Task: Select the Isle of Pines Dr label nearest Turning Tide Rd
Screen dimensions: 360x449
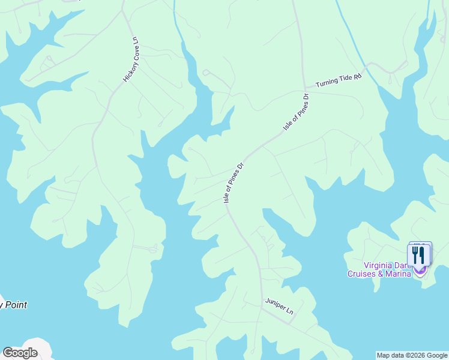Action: coord(295,112)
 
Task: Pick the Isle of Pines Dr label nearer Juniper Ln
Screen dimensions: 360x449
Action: coord(234,182)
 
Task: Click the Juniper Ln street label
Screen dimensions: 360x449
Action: coord(280,307)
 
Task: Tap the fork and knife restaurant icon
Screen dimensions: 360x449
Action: coord(419,254)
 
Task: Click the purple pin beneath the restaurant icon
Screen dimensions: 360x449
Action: coord(420,271)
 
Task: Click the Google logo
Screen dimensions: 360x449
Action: coord(20,353)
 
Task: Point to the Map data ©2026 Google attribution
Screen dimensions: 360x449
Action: coord(412,355)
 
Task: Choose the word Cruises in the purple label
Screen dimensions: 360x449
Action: coord(361,274)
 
